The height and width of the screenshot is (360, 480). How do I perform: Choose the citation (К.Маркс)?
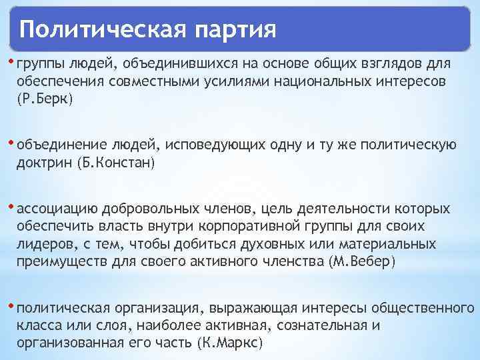pos(231,343)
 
